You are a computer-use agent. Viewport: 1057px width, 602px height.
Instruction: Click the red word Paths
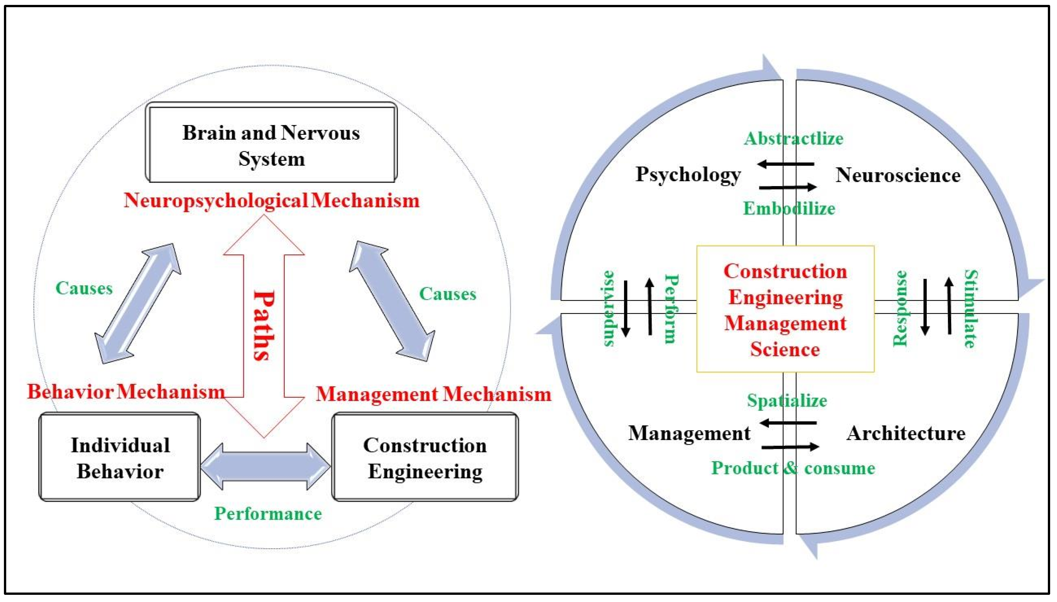pyautogui.click(x=264, y=326)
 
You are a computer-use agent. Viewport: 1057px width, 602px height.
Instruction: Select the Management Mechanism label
pyautogui.click(x=433, y=394)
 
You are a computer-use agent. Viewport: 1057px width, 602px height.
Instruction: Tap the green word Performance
pyautogui.click(x=268, y=514)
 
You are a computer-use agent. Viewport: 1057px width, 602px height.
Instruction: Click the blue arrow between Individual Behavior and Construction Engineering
pyautogui.click(x=265, y=467)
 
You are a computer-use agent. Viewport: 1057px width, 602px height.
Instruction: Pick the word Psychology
pyautogui.click(x=688, y=174)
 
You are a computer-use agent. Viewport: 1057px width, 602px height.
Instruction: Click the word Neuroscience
pyautogui.click(x=898, y=175)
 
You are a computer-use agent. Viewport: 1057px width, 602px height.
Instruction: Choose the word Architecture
pyautogui.click(x=905, y=433)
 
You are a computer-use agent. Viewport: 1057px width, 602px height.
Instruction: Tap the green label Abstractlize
pyautogui.click(x=793, y=138)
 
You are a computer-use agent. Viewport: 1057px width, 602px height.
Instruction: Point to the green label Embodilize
pyautogui.click(x=789, y=208)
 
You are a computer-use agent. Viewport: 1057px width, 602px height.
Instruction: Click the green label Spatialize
pyautogui.click(x=787, y=400)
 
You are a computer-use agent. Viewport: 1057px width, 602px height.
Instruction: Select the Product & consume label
pyautogui.click(x=793, y=468)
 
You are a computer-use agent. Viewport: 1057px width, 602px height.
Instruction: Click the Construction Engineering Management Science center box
pyautogui.click(x=785, y=309)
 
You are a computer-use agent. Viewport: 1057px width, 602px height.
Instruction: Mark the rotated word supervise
pyautogui.click(x=608, y=309)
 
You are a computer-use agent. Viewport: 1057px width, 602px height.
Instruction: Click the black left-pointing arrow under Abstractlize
pyautogui.click(x=786, y=164)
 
